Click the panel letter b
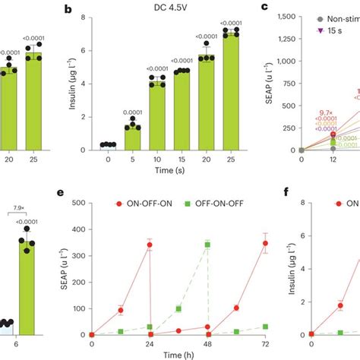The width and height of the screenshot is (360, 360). [69, 9]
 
